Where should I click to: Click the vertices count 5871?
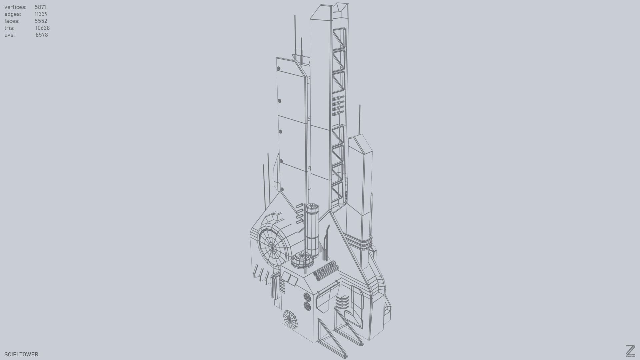click(x=40, y=7)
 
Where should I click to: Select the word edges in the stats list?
click(x=13, y=14)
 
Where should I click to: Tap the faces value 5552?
click(x=41, y=21)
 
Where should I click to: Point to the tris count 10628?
click(x=42, y=28)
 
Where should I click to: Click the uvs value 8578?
click(x=42, y=35)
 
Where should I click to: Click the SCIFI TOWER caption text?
click(x=21, y=354)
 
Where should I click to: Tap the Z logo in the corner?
click(x=630, y=351)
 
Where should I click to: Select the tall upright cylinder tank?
click(x=312, y=230)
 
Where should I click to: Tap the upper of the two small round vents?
click(x=307, y=297)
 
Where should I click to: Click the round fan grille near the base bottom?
click(x=290, y=319)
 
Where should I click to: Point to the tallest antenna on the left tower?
click(x=295, y=33)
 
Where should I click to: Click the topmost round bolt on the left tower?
click(x=279, y=69)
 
